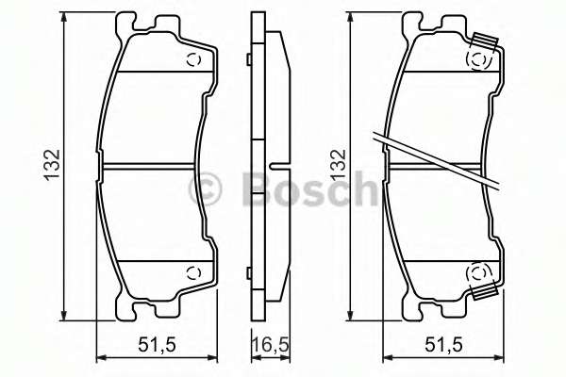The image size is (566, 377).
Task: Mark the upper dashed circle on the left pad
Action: click(195, 60)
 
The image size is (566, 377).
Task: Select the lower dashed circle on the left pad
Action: click(195, 274)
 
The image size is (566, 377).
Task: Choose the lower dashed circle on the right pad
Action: click(479, 274)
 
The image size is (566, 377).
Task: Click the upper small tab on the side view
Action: click(248, 61)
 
